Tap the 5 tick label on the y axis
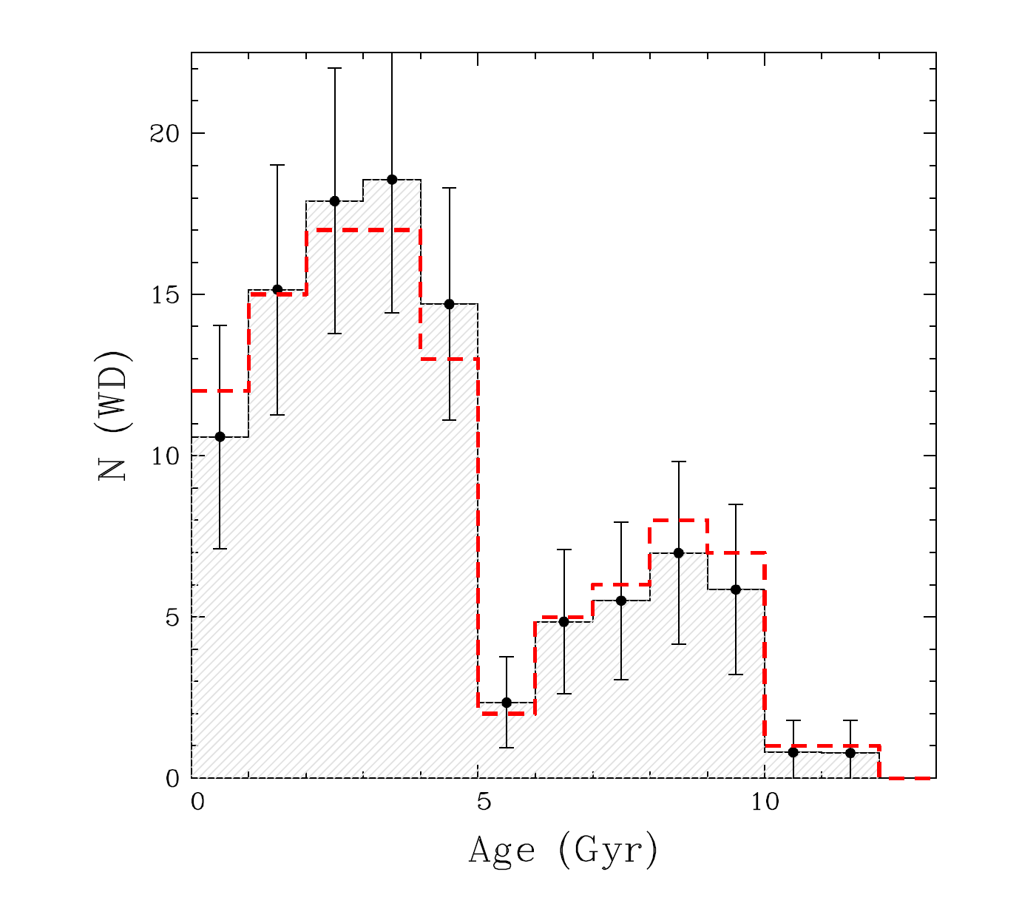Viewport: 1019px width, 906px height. [172, 618]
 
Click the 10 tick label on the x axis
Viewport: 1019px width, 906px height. [765, 802]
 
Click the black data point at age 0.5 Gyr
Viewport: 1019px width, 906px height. [220, 437]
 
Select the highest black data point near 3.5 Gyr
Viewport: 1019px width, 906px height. [392, 180]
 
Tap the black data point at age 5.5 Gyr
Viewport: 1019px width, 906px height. [507, 702]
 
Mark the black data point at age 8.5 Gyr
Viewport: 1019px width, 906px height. [679, 552]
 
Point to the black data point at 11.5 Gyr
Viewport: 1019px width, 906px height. [850, 752]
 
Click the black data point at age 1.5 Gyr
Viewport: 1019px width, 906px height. [277, 289]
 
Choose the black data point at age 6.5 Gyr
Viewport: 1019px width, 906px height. [563, 621]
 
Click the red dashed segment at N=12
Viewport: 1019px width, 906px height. [220, 391]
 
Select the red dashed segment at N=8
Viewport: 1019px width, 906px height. [679, 520]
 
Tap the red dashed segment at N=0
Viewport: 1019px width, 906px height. [907, 778]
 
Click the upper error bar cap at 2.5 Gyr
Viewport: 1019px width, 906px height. [334, 68]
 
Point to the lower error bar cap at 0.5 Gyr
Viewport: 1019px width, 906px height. [220, 549]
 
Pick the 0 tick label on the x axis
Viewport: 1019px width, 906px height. [197, 802]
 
